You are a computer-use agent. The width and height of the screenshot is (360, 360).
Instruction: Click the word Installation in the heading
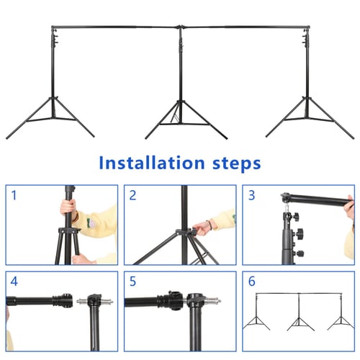pos(152,163)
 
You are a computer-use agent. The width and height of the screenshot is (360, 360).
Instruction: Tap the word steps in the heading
pos(237,164)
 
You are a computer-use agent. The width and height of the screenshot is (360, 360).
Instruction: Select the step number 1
pos(14,195)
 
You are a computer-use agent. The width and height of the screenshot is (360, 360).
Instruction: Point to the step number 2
pos(132,195)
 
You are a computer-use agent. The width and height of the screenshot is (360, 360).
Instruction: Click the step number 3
pos(251,195)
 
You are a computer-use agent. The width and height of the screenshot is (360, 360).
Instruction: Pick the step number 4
pos(14,282)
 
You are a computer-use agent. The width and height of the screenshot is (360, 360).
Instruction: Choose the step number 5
pos(132,282)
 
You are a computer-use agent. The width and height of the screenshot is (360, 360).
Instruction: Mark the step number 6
pos(251,282)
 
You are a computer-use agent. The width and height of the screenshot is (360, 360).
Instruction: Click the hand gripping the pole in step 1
pos(68,207)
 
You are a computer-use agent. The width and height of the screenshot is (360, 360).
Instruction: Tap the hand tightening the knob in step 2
pos(202,228)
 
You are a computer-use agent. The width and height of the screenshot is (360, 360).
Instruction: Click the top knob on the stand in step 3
pos(295,217)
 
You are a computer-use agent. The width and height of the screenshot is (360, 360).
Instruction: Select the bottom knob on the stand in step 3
pos(300,253)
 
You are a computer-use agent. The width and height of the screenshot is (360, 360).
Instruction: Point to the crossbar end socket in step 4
pos(63,300)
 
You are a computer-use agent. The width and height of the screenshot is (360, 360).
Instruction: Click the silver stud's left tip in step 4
pos(77,302)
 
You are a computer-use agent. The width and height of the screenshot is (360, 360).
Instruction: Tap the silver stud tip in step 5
pos(220,300)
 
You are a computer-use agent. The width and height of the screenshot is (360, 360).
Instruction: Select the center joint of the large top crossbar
pos(181,27)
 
